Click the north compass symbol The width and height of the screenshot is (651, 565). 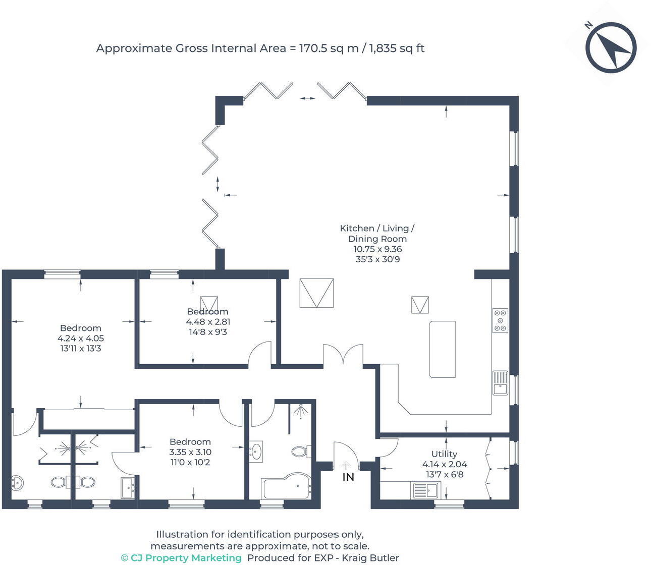611,47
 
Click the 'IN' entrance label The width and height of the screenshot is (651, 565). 348,477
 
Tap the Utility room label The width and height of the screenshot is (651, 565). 444,454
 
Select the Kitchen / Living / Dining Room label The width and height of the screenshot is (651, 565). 377,234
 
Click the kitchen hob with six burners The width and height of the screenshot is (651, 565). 500,320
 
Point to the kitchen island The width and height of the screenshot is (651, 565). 442,349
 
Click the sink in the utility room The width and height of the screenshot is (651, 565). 425,490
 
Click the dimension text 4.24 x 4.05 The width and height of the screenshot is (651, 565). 81,338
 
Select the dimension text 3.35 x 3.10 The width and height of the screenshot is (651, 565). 190,452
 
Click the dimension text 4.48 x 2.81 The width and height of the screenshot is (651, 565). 208,322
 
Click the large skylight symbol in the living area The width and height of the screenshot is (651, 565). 316,293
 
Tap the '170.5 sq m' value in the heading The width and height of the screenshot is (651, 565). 329,48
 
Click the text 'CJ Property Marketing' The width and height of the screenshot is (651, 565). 186,557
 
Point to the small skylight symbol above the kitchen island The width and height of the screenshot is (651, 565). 420,305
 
